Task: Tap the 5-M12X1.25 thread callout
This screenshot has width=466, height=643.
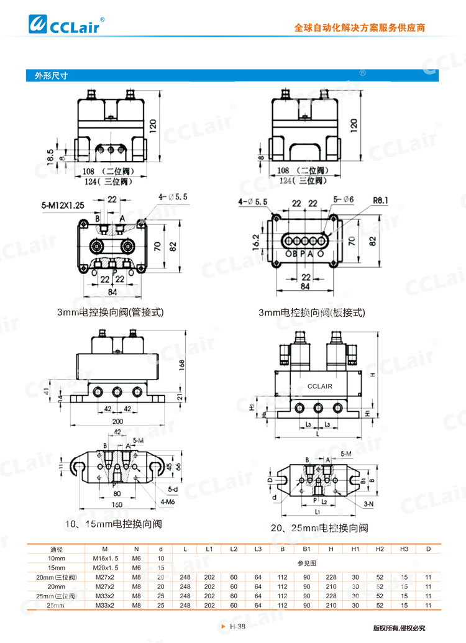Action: (63, 204)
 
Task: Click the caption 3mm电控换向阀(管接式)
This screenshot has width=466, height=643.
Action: (111, 312)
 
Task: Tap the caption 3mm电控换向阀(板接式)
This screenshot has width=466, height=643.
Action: (312, 312)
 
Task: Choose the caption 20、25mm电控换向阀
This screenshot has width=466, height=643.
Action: (319, 528)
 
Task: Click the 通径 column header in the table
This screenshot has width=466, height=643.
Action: (57, 549)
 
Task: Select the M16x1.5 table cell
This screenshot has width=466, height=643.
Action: (104, 559)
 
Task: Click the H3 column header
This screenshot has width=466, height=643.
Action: (404, 549)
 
